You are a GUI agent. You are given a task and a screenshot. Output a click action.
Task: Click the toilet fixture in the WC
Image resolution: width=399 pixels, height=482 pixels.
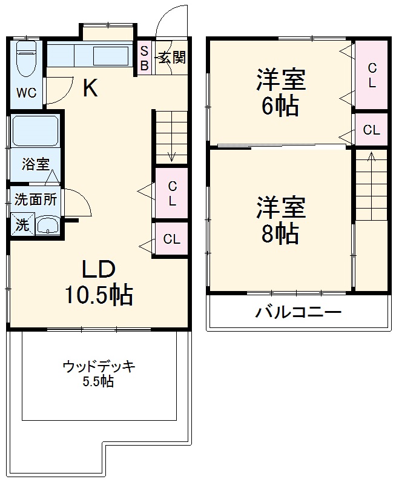coord(26,59)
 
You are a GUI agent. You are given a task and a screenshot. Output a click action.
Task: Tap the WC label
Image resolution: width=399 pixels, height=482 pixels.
coord(26,93)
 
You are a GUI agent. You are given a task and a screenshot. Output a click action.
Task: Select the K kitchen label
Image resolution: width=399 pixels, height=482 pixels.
coord(90,89)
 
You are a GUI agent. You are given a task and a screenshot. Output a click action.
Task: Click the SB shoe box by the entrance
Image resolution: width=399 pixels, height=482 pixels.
coord(145,58)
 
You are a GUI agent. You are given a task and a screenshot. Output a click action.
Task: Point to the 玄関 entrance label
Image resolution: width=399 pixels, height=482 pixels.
coord(172,58)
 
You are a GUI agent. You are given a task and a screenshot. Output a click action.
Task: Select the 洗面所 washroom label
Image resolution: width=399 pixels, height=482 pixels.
coord(36,199)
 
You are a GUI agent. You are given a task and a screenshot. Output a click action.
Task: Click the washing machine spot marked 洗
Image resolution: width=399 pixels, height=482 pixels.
coord(22,225)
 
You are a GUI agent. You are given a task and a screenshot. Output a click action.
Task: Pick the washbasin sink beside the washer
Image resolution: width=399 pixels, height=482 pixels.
coord(48,226)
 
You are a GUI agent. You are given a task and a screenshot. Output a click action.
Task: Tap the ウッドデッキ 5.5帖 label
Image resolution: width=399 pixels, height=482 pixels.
coord(99,373)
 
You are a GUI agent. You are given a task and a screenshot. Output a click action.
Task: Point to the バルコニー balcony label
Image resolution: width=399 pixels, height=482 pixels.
coord(298,312)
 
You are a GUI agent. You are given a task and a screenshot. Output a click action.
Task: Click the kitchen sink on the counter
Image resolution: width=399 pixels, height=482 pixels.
coord(111,56)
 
